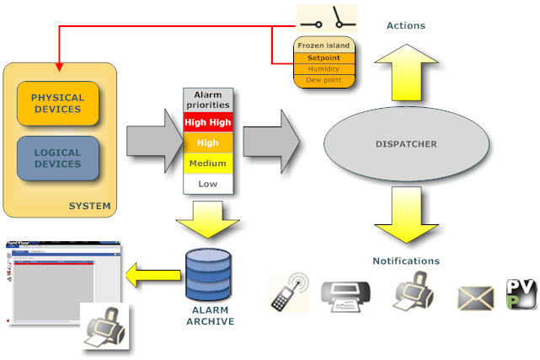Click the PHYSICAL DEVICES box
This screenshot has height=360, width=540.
[x=57, y=103]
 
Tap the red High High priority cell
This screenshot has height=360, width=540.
[x=207, y=122]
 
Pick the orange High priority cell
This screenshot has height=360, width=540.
[x=207, y=142]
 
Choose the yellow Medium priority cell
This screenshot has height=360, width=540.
[x=207, y=163]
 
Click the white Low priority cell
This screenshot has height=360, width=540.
[x=207, y=183]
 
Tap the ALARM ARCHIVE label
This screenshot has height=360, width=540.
[x=207, y=316]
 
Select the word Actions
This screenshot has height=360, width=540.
[x=405, y=25]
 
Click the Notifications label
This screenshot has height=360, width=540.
[x=405, y=261]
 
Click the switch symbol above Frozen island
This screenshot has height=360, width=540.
[x=326, y=17]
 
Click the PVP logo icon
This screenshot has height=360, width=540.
[x=520, y=294]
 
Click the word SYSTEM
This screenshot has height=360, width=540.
[x=89, y=206]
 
